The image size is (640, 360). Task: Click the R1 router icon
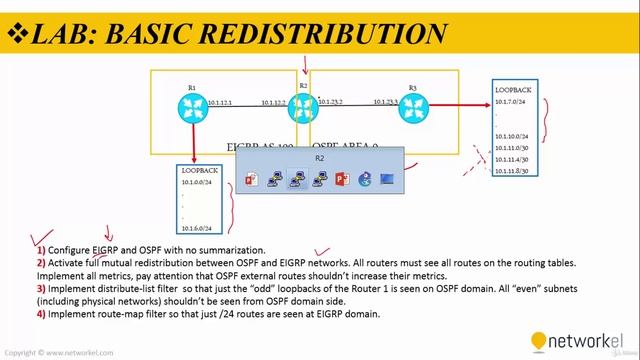click(x=190, y=107)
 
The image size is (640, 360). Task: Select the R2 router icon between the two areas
click(x=303, y=107)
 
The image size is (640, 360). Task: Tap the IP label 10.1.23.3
click(x=386, y=103)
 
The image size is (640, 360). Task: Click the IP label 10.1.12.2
click(x=274, y=103)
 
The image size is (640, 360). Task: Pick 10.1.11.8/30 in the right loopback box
click(x=513, y=171)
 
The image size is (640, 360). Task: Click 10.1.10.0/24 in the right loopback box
click(x=512, y=135)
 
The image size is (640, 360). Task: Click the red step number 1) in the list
click(x=41, y=249)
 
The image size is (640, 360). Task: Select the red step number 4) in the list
click(x=41, y=315)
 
